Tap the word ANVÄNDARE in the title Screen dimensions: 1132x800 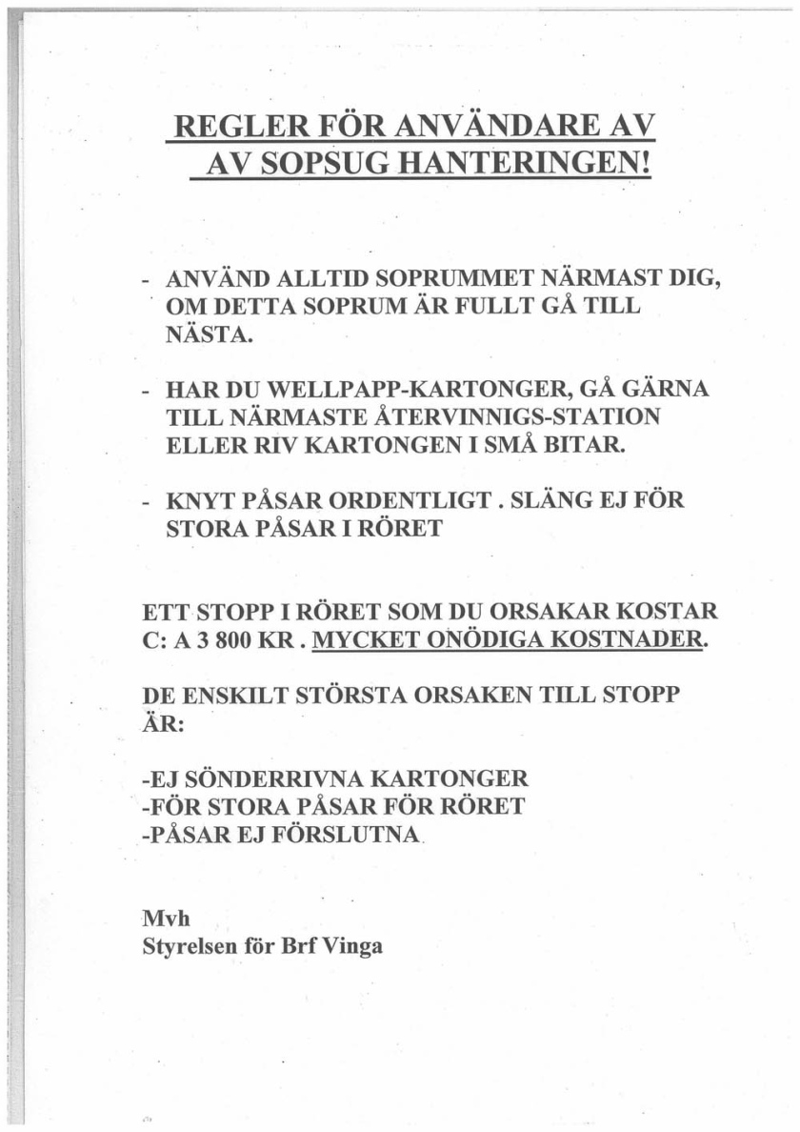tap(487, 130)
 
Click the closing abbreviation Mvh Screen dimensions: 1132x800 tap(162, 920)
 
